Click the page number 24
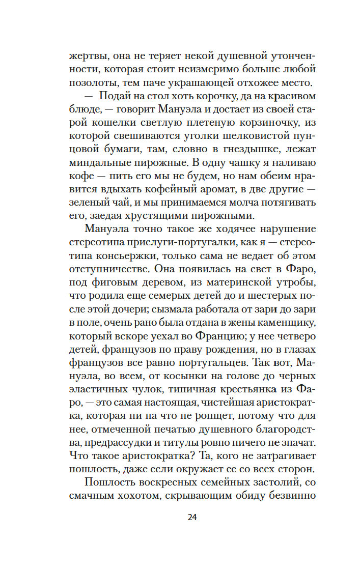pos(192,518)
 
